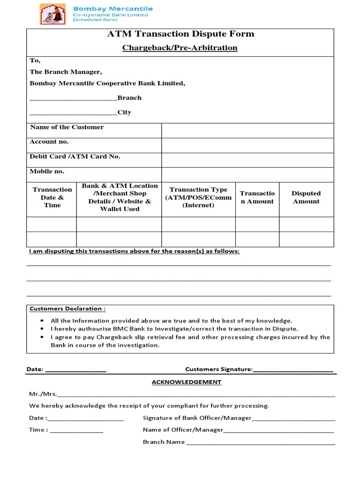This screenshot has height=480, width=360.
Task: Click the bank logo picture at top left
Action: coord(53,14)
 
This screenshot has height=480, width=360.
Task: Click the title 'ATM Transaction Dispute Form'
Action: coord(180,34)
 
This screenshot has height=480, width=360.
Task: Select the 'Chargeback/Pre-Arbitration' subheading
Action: coord(180,48)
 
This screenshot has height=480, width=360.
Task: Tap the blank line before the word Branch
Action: coord(73,98)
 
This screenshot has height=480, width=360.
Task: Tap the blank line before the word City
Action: coord(73,113)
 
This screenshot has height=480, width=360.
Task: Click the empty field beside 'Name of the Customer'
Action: coord(247,131)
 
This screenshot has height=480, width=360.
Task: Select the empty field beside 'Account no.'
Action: coord(247,145)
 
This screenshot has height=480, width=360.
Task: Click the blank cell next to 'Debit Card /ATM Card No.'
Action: coord(247,160)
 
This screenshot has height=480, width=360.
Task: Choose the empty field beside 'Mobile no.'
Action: coord(247,175)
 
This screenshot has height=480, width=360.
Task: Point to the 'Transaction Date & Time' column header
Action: coord(52,197)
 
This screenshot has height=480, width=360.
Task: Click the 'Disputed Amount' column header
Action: coord(306,197)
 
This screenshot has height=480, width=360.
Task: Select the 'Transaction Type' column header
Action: coord(198,197)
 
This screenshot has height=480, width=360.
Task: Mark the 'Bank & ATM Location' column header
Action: coord(120,197)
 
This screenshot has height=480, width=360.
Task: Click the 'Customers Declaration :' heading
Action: coord(67,308)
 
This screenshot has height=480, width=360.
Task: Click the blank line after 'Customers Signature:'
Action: coord(293,370)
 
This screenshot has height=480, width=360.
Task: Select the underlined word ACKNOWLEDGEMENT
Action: coord(186,382)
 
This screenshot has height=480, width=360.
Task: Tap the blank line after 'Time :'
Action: coord(76,431)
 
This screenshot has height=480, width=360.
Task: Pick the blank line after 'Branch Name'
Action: coord(261,443)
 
